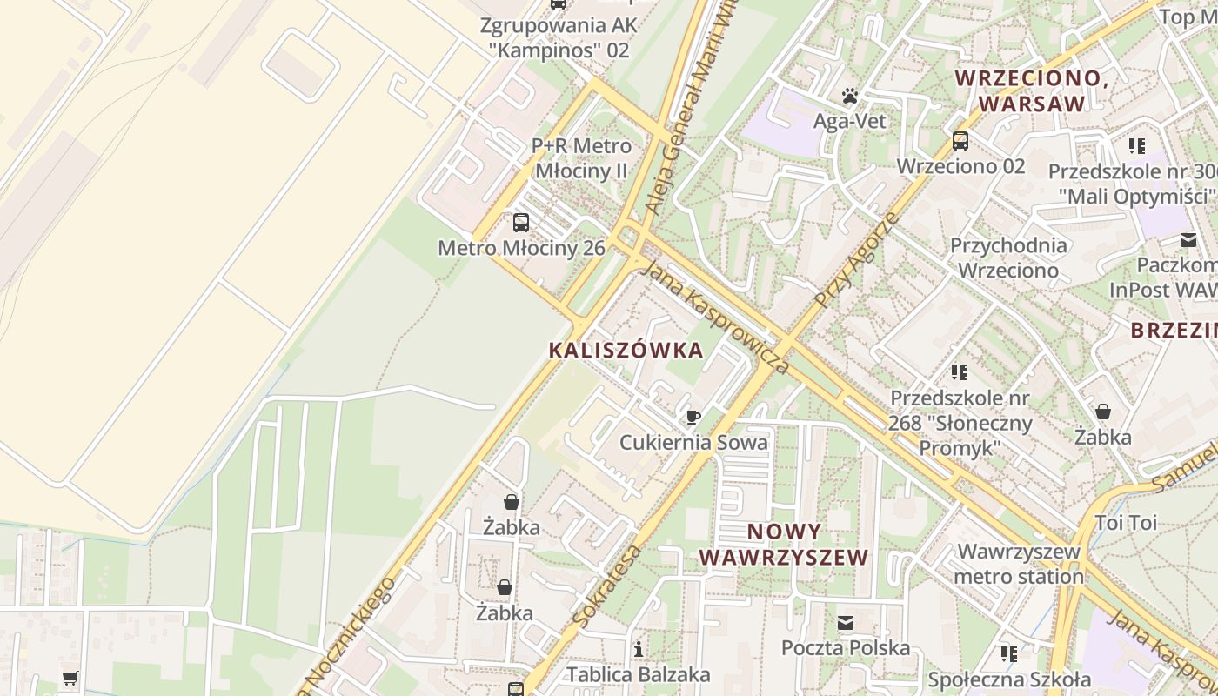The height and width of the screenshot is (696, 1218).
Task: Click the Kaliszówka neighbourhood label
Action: (x=626, y=351)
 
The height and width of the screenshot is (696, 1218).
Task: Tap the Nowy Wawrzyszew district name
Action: (x=784, y=545)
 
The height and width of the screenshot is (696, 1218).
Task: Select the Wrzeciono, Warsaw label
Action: (x=1032, y=90)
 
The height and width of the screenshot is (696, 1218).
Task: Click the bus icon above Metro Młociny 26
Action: (x=521, y=223)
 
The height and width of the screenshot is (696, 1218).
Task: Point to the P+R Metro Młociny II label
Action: (x=581, y=157)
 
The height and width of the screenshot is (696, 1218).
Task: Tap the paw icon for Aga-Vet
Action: (x=850, y=96)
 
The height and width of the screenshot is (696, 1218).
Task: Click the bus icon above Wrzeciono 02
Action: (x=960, y=140)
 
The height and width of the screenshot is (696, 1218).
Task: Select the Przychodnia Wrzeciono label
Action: (x=1008, y=258)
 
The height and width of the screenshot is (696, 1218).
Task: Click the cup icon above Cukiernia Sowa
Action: (x=693, y=418)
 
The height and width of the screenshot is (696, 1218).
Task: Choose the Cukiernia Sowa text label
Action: (x=693, y=443)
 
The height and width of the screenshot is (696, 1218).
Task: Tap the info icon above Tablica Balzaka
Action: (x=639, y=649)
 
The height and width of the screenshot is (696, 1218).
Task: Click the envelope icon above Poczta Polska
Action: (x=846, y=623)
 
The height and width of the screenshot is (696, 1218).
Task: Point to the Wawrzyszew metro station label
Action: (x=1019, y=564)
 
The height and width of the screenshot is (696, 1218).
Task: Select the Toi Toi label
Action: (x=1126, y=523)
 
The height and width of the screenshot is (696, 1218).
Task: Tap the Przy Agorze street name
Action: (x=857, y=258)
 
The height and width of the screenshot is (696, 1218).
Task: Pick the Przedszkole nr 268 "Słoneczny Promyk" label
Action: (x=960, y=424)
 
